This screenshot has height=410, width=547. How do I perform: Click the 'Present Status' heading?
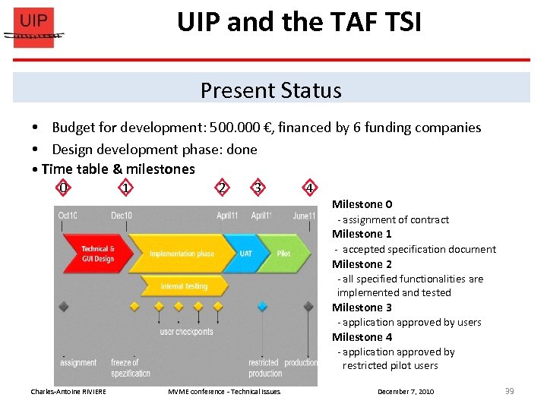pyautogui.click(x=270, y=90)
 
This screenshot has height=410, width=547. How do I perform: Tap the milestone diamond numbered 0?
pyautogui.click(x=64, y=188)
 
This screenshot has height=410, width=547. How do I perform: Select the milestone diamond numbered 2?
pyautogui.click(x=221, y=188)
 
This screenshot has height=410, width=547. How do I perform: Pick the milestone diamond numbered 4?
pyautogui.click(x=309, y=188)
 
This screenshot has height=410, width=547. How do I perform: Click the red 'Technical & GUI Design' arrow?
pyautogui.click(x=95, y=254)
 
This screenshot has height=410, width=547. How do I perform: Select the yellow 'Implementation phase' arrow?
pyautogui.click(x=182, y=254)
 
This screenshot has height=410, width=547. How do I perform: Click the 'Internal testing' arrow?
pyautogui.click(x=184, y=286)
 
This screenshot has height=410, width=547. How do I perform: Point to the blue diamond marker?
pyautogui.click(x=262, y=307)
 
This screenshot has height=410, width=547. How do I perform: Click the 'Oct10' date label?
pyautogui.click(x=68, y=216)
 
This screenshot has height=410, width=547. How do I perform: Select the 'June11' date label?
pyautogui.click(x=304, y=216)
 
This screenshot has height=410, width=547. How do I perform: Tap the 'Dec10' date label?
pyautogui.click(x=122, y=216)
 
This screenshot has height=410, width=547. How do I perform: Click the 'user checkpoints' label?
pyautogui.click(x=186, y=332)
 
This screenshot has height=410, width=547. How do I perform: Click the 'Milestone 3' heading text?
pyautogui.click(x=362, y=307)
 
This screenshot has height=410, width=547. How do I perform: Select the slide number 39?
pyautogui.click(x=509, y=391)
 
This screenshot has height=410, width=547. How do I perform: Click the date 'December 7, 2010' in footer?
pyautogui.click(x=406, y=392)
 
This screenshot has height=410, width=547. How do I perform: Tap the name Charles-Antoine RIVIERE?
pyautogui.click(x=68, y=392)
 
